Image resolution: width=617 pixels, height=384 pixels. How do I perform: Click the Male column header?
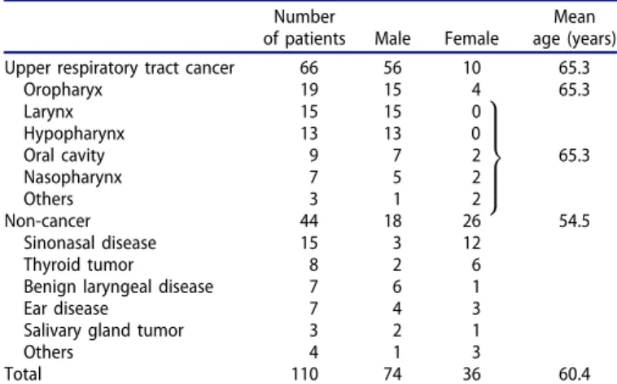392,38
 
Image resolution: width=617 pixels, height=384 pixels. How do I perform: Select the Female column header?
471,38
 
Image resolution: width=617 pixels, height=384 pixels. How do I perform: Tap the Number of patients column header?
304,28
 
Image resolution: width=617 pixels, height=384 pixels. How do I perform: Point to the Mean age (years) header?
574,28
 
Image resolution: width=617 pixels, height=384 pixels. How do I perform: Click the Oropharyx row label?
63,89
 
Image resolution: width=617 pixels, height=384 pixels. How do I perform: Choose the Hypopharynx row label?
74,133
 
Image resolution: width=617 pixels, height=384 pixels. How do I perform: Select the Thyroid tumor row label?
78,264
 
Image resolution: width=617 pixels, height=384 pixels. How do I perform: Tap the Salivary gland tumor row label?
103,330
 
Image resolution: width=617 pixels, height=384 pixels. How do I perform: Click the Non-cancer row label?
47,220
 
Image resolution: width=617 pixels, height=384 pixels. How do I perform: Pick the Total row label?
23,373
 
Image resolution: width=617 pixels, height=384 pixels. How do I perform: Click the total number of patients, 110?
305,373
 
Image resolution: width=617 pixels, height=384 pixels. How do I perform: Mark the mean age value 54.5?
574,221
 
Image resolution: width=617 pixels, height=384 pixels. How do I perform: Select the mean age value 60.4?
574,373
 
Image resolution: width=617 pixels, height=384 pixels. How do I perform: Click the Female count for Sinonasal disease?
471,242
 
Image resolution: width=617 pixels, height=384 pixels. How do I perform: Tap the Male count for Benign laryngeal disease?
396,286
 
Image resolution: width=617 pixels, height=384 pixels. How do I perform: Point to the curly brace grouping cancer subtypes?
495,157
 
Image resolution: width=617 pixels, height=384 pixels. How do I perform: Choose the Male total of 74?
392,373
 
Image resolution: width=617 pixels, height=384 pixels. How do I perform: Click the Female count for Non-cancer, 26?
471,221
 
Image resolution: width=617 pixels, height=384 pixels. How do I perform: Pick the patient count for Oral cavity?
313,155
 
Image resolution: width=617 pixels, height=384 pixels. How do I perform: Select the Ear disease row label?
66,308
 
